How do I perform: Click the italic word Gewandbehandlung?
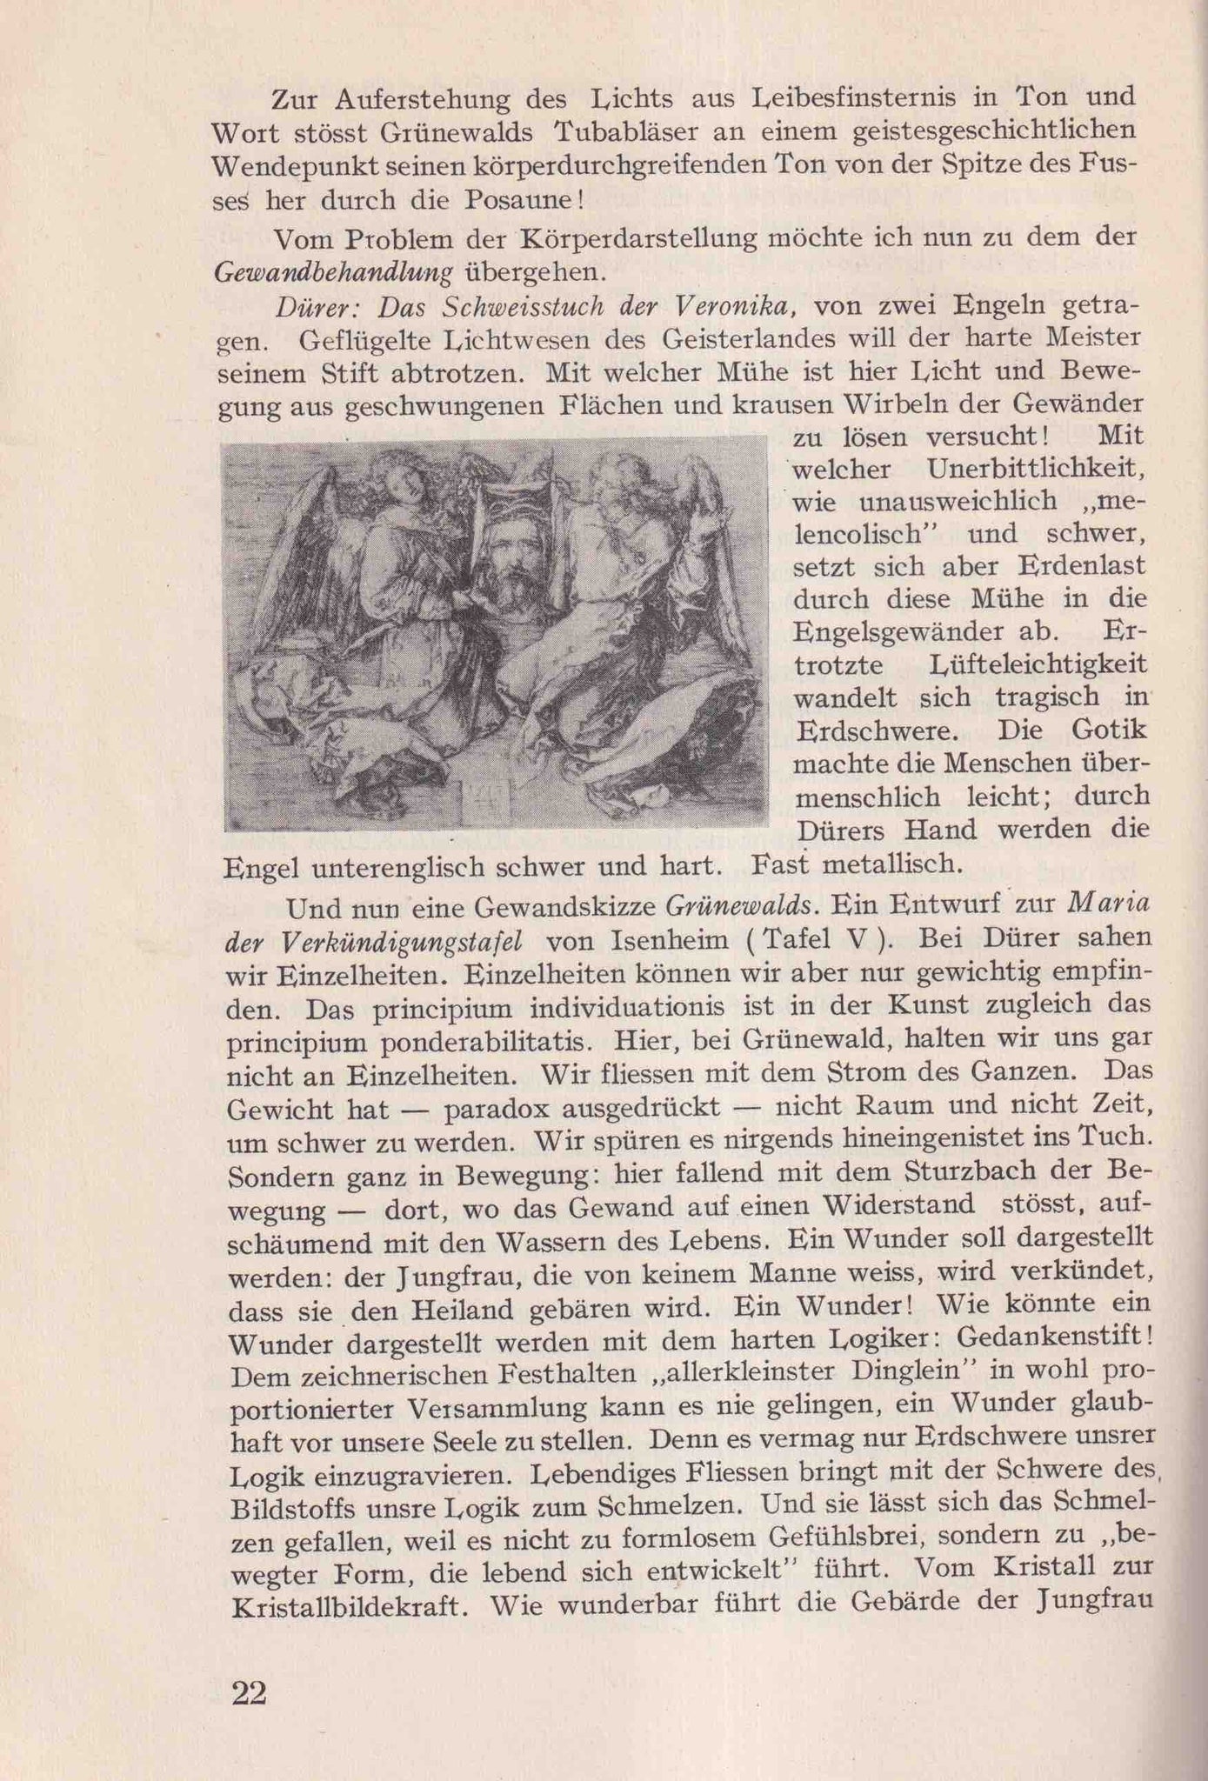pos(333,273)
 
